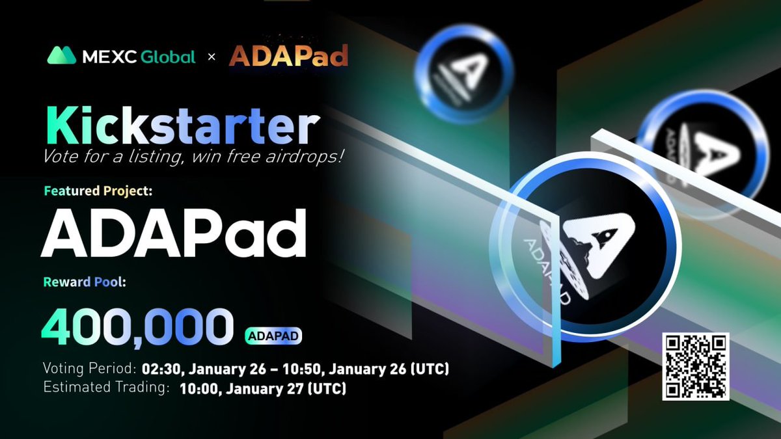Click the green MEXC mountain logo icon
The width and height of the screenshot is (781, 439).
[62, 56]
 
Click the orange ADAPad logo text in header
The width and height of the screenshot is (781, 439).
[288, 57]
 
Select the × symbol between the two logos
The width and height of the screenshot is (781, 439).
[211, 57]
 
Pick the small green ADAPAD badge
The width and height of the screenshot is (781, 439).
[274, 336]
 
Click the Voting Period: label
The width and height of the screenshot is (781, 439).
[90, 369]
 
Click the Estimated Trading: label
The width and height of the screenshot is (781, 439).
[106, 389]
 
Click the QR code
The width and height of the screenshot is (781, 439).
[696, 366]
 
